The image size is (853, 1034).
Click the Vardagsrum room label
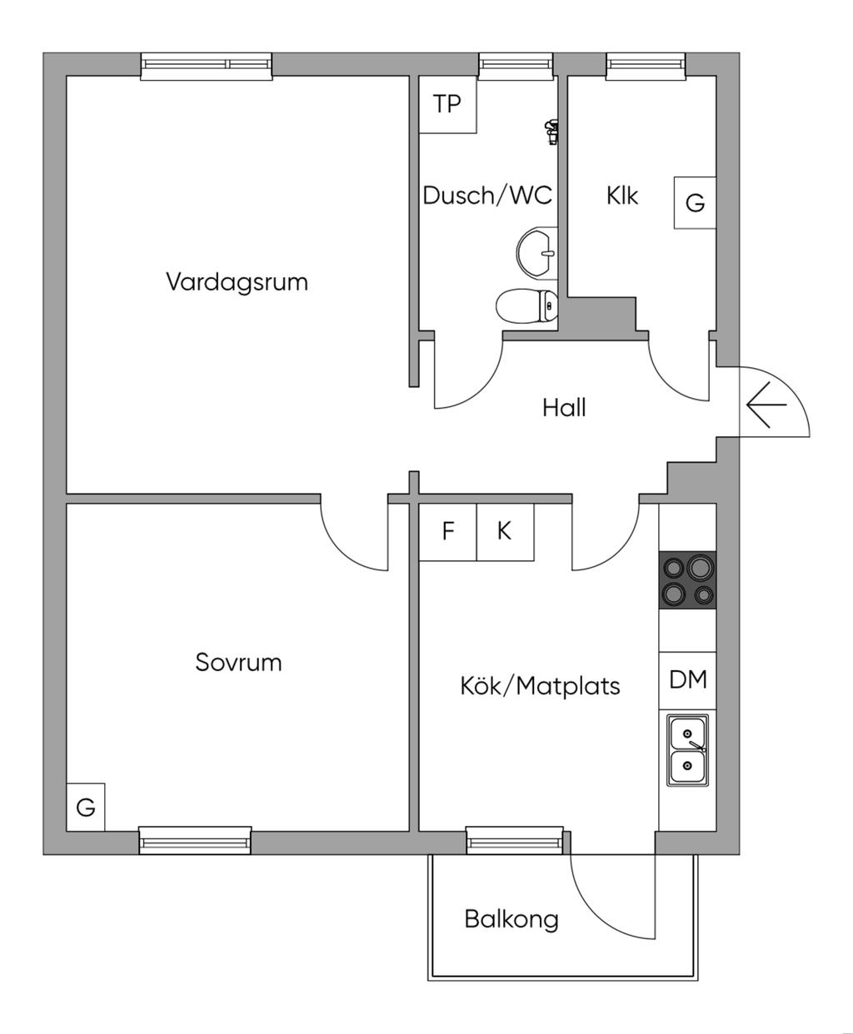click(237, 281)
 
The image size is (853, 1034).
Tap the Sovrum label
click(238, 663)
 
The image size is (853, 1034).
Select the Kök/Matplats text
click(540, 685)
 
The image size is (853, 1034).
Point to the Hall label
click(564, 408)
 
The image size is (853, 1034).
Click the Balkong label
click(511, 919)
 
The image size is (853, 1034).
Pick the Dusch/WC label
click(487, 196)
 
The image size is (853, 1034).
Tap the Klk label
click(621, 196)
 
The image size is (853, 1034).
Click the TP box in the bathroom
click(447, 104)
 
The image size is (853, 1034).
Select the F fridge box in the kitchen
click(448, 531)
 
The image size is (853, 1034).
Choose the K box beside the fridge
click(505, 531)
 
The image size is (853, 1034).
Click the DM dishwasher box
click(688, 680)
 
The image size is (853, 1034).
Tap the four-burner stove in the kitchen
click(688, 579)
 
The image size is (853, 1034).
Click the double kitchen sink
click(687, 749)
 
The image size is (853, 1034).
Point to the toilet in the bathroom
click(526, 306)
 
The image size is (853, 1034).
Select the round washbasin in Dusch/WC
click(537, 251)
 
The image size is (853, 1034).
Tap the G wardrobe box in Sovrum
click(86, 807)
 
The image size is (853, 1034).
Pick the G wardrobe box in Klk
click(695, 202)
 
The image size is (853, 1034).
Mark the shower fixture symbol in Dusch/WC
click(551, 131)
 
